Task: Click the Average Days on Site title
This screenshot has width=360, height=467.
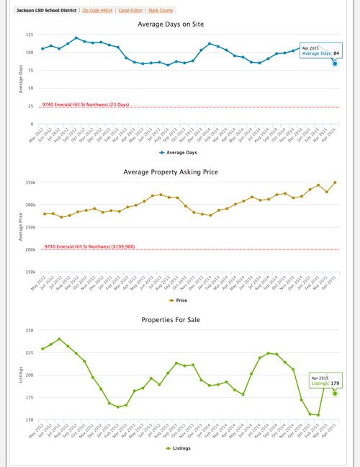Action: (180, 24)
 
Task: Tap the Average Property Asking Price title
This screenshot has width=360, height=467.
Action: (180, 172)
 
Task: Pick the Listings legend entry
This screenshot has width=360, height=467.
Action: (181, 447)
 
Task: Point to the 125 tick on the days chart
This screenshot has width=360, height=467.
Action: (29, 35)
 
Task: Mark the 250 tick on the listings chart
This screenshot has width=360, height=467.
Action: (29, 330)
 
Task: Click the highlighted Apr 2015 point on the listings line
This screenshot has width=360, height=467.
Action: (335, 393)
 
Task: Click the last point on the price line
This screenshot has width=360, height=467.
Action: (335, 182)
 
